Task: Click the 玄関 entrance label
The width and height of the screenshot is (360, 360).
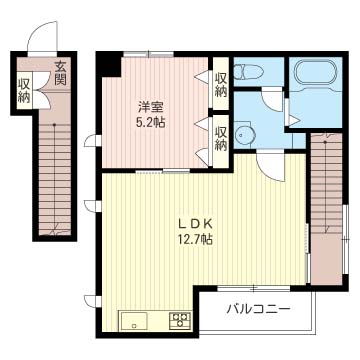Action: click(61, 73)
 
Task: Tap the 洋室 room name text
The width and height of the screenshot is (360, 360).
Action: click(151, 108)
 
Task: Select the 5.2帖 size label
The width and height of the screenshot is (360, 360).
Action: click(151, 123)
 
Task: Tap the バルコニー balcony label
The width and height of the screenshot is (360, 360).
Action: click(258, 309)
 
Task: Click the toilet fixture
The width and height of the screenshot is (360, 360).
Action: click(248, 71)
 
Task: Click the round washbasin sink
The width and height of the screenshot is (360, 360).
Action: click(246, 135)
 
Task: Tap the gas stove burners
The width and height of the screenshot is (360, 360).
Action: click(180, 320)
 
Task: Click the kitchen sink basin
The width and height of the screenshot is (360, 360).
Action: click(134, 321)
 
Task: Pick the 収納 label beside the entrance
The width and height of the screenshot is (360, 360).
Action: click(24, 90)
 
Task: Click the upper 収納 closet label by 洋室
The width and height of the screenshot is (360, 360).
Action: click(221, 85)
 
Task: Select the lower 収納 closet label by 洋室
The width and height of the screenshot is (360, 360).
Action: click(221, 139)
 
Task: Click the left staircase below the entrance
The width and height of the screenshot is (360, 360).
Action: click(55, 178)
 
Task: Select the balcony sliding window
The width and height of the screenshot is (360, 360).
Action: click(253, 289)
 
